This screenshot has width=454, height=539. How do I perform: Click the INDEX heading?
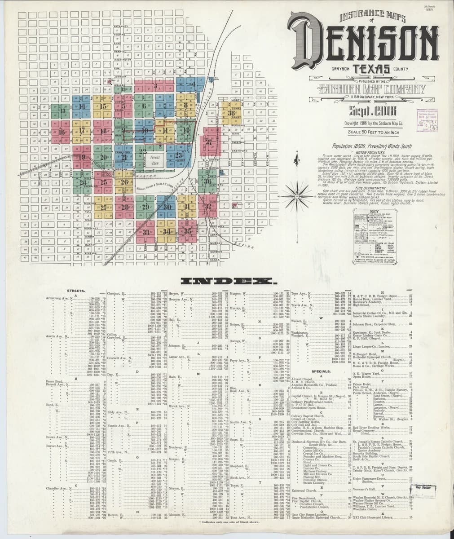pyautogui.click(x=227, y=282)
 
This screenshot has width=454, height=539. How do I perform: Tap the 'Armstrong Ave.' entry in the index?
pyautogui.click(x=56, y=298)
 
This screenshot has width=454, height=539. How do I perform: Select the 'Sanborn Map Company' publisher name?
pyautogui.click(x=370, y=89)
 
